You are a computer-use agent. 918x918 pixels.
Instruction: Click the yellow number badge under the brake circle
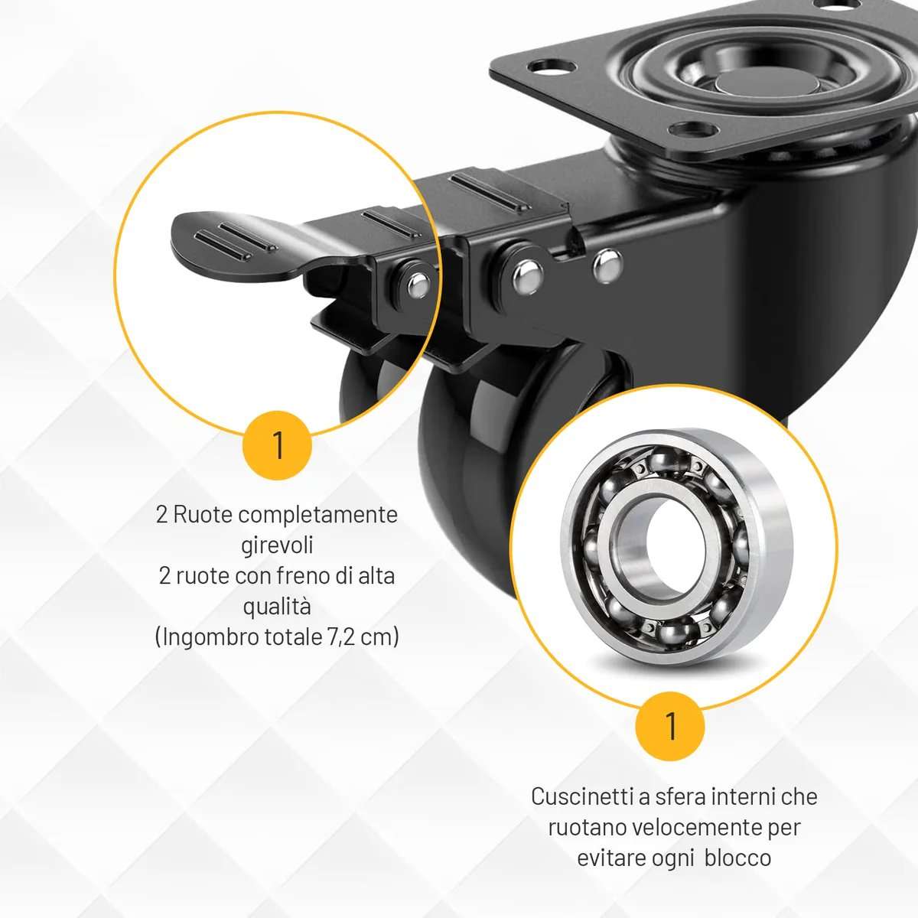point(277,445)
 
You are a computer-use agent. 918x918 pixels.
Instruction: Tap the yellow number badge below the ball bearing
point(670,726)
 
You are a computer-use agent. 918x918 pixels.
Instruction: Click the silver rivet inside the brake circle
point(418,285)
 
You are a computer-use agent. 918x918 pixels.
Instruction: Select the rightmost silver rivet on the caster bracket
point(607,265)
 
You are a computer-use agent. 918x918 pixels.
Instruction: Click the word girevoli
point(277,545)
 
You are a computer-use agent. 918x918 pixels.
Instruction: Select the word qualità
point(277,606)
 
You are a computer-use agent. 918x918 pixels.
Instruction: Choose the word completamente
point(317,516)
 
